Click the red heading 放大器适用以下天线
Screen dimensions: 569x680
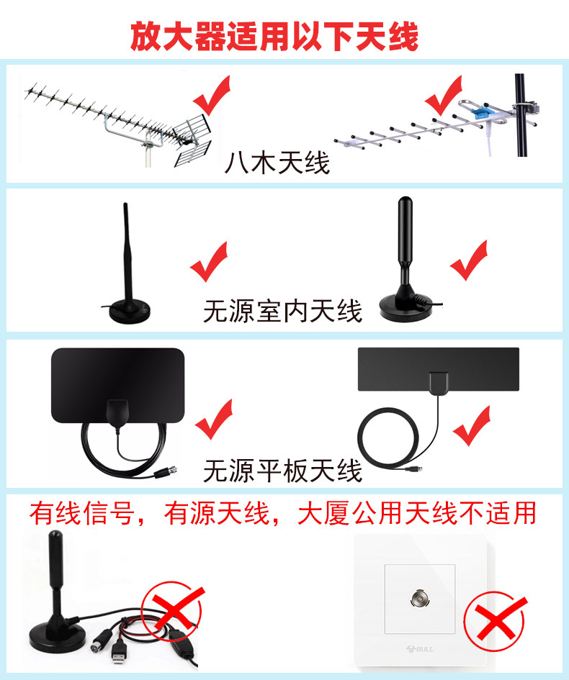(274, 37)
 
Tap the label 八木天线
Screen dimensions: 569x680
(277, 163)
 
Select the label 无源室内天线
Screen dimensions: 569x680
(282, 311)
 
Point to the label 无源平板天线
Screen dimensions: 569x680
(282, 471)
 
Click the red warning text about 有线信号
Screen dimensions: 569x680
(283, 513)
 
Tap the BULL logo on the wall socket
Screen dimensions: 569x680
(420, 649)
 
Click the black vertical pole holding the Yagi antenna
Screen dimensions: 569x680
(521, 115)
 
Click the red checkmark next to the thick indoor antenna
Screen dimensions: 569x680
(469, 260)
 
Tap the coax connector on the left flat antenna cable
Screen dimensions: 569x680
(166, 472)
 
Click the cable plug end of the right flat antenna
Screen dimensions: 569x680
(414, 468)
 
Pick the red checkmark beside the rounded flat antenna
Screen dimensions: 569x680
(214, 420)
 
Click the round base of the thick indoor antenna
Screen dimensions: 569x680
(406, 306)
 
